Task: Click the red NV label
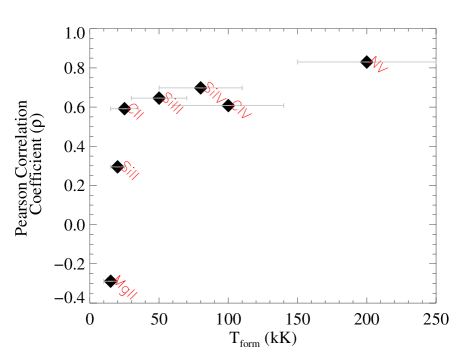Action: click(x=377, y=65)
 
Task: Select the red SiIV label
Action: click(x=214, y=93)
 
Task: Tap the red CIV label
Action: click(x=240, y=109)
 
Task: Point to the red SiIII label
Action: click(x=172, y=103)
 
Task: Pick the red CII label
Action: click(x=135, y=112)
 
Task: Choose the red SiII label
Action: click(x=129, y=171)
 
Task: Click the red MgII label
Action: click(x=125, y=288)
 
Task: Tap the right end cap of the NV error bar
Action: click(x=436, y=62)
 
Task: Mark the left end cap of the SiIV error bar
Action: click(x=159, y=88)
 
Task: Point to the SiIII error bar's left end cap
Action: click(x=131, y=98)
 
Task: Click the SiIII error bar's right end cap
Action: click(x=186, y=98)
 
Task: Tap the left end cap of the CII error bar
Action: click(x=111, y=109)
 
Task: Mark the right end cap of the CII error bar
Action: click(x=139, y=109)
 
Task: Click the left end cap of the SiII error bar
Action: click(x=111, y=167)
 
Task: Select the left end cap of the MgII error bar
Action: click(x=104, y=281)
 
